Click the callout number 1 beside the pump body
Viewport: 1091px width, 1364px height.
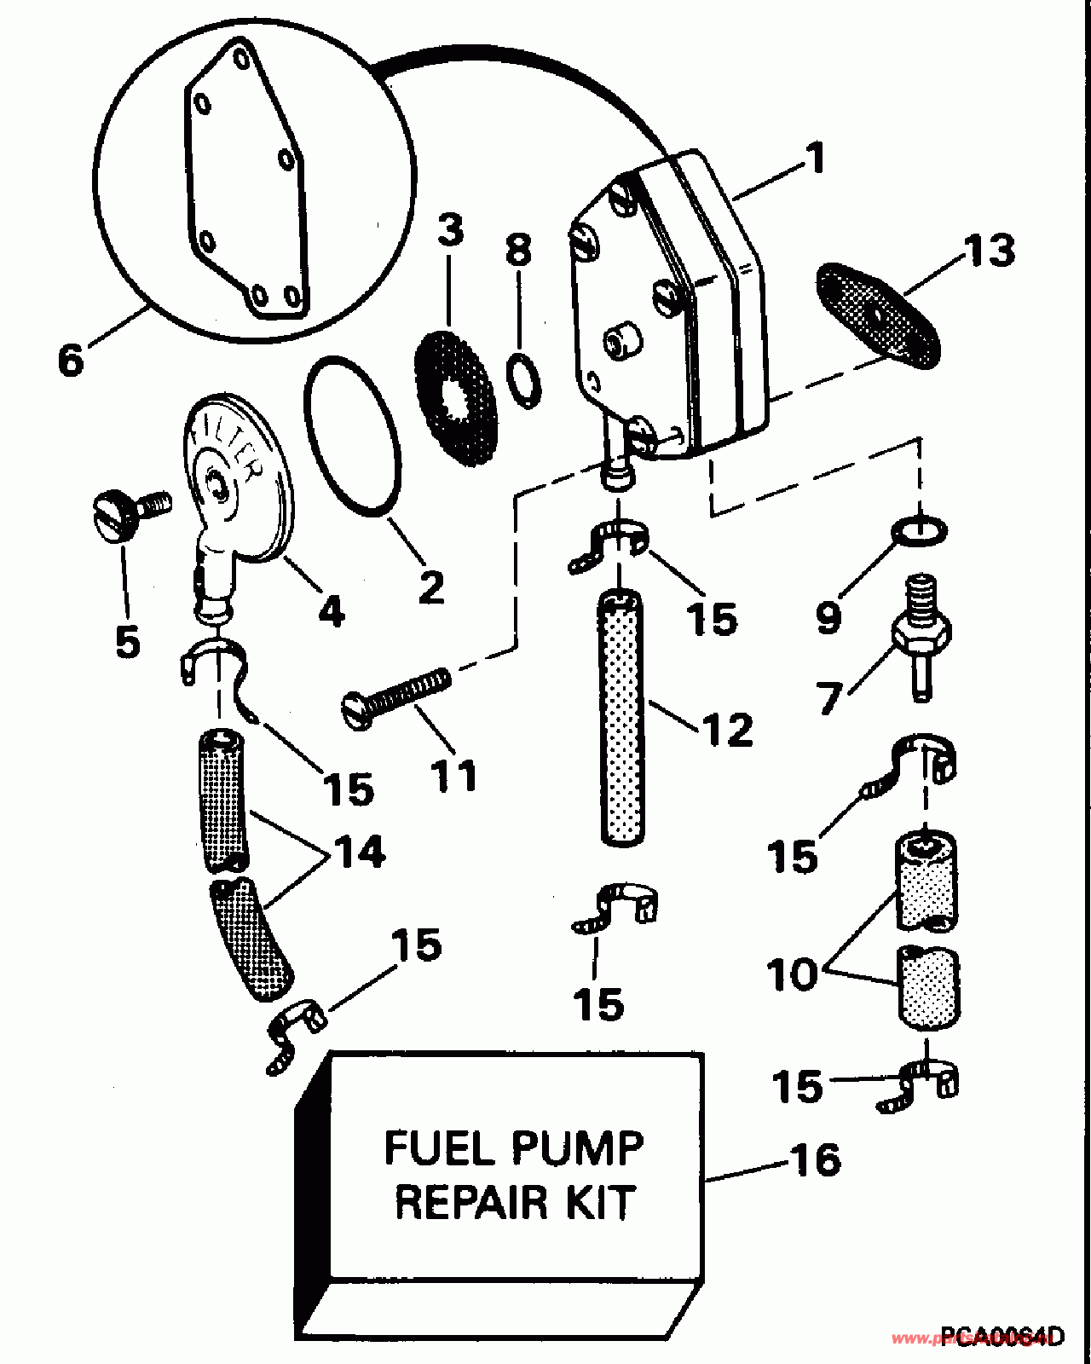click(816, 159)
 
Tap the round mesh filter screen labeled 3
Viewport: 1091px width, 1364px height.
click(456, 399)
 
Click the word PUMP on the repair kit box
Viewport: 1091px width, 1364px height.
click(584, 1147)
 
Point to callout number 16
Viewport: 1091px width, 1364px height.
click(815, 1160)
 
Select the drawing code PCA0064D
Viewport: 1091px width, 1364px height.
click(1002, 1335)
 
